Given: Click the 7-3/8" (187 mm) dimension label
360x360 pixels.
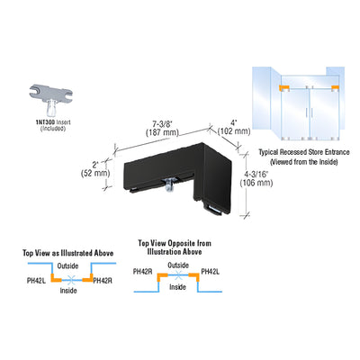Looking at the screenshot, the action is pos(162,128).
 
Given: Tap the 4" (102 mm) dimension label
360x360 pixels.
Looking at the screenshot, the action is pos(234,127).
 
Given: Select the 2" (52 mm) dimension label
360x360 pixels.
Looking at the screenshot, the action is pos(95,169).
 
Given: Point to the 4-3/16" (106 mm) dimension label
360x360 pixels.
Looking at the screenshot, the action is pos(256,178).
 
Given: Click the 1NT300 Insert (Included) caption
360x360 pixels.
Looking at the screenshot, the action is pos(53,125).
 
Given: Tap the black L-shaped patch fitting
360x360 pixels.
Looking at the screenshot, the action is pos(178,176).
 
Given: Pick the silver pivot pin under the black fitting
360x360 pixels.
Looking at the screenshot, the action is pos(169,184).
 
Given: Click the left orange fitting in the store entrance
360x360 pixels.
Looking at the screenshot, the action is pos(284,87).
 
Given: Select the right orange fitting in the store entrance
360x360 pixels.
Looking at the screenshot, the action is pos(335,87).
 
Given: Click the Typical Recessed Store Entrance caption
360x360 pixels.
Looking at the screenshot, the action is pos(304,157).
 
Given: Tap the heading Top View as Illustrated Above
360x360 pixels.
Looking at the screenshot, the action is pos(68,253).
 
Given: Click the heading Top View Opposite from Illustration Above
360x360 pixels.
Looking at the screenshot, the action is pos(175,247).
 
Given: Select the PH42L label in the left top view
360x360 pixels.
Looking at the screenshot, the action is pos(36,281).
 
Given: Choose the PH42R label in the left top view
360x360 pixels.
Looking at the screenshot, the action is pos(103,281).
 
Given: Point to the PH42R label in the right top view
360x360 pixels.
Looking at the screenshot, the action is pos(143,272).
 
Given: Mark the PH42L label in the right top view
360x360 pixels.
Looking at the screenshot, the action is pos(211,272).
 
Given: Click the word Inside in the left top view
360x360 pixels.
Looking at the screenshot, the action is pos(68,291).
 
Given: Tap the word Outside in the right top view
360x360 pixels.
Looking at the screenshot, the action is pos(178,265).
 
